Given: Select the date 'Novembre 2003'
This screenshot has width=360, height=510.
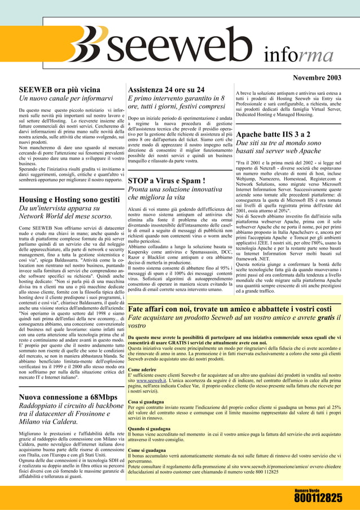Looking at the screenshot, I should (x=317, y=77).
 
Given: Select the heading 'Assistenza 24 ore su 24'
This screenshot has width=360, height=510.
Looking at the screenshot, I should (x=166, y=90).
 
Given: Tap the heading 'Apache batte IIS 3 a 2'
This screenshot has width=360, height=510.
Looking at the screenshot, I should (x=273, y=134).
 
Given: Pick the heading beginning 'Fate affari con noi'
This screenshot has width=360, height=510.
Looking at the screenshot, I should (x=230, y=309).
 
